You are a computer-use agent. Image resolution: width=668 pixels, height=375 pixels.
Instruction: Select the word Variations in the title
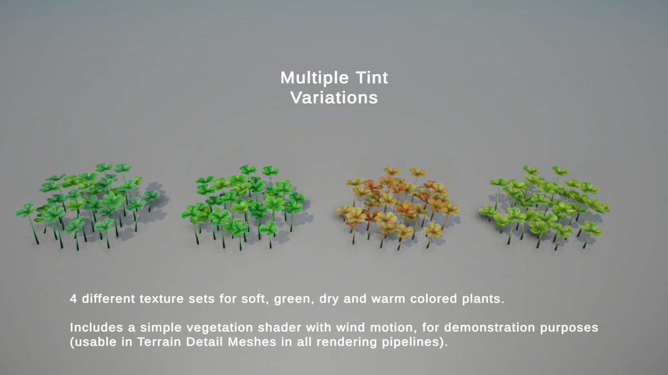[x=334, y=98]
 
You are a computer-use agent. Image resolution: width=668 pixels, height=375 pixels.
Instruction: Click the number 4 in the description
[x=73, y=299]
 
